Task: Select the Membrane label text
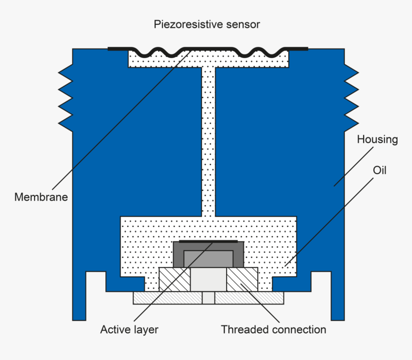41,197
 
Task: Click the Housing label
378,139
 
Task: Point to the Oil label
379,170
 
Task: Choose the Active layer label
129,330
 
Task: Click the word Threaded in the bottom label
245,330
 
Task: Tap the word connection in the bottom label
299,330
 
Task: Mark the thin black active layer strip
208,242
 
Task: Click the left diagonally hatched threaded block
174,279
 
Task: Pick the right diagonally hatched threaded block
242,279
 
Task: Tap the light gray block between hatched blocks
208,279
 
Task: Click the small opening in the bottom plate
208,298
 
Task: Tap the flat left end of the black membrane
117,48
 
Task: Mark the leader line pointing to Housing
355,163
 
